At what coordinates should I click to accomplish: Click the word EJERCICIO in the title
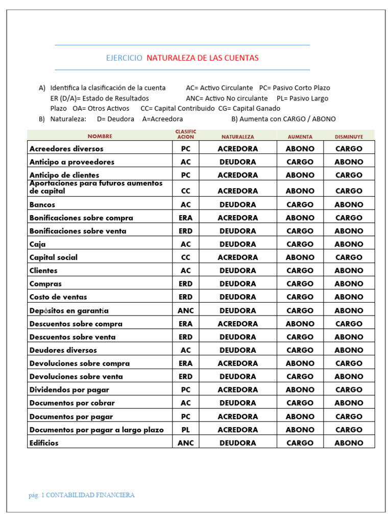124,58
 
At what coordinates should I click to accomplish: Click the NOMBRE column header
100,137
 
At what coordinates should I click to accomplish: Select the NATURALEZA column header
237,137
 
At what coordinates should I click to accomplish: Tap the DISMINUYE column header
349,137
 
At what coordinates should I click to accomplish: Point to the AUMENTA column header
300,137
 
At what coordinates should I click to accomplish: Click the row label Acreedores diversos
66,149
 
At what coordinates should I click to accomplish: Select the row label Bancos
42,204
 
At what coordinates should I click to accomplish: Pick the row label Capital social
54,257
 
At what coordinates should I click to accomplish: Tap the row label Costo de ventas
58,297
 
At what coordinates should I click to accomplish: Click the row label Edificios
44,443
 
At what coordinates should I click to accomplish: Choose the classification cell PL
186,430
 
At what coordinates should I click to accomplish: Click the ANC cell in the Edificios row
186,443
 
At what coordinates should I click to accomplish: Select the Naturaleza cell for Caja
238,244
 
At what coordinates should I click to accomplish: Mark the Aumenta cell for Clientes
300,271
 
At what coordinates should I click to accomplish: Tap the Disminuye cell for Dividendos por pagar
349,390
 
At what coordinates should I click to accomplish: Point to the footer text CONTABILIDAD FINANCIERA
90,495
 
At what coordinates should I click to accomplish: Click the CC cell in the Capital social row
186,257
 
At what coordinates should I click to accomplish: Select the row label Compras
45,284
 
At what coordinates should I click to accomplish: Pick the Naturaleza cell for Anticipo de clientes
238,175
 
